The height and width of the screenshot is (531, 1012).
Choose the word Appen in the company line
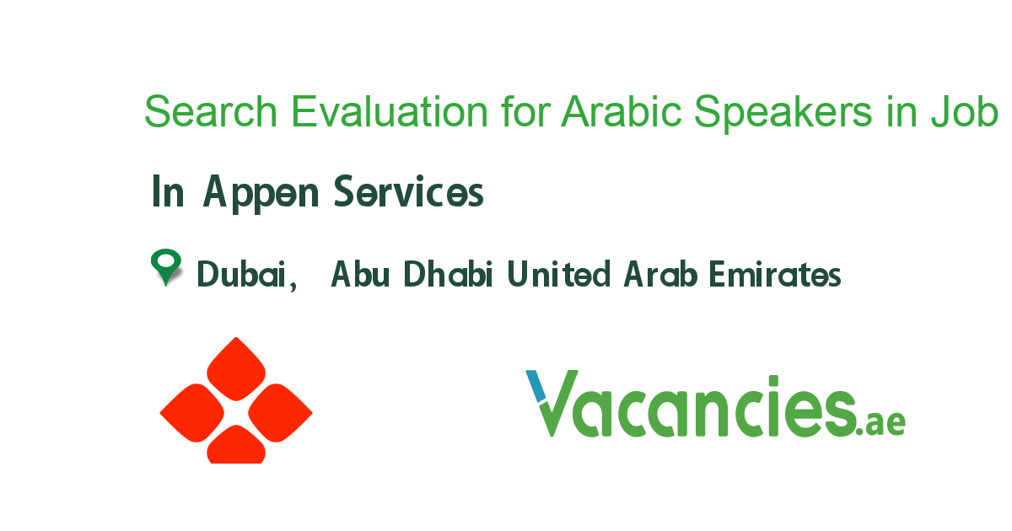262,194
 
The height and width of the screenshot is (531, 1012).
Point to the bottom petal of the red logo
236,447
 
